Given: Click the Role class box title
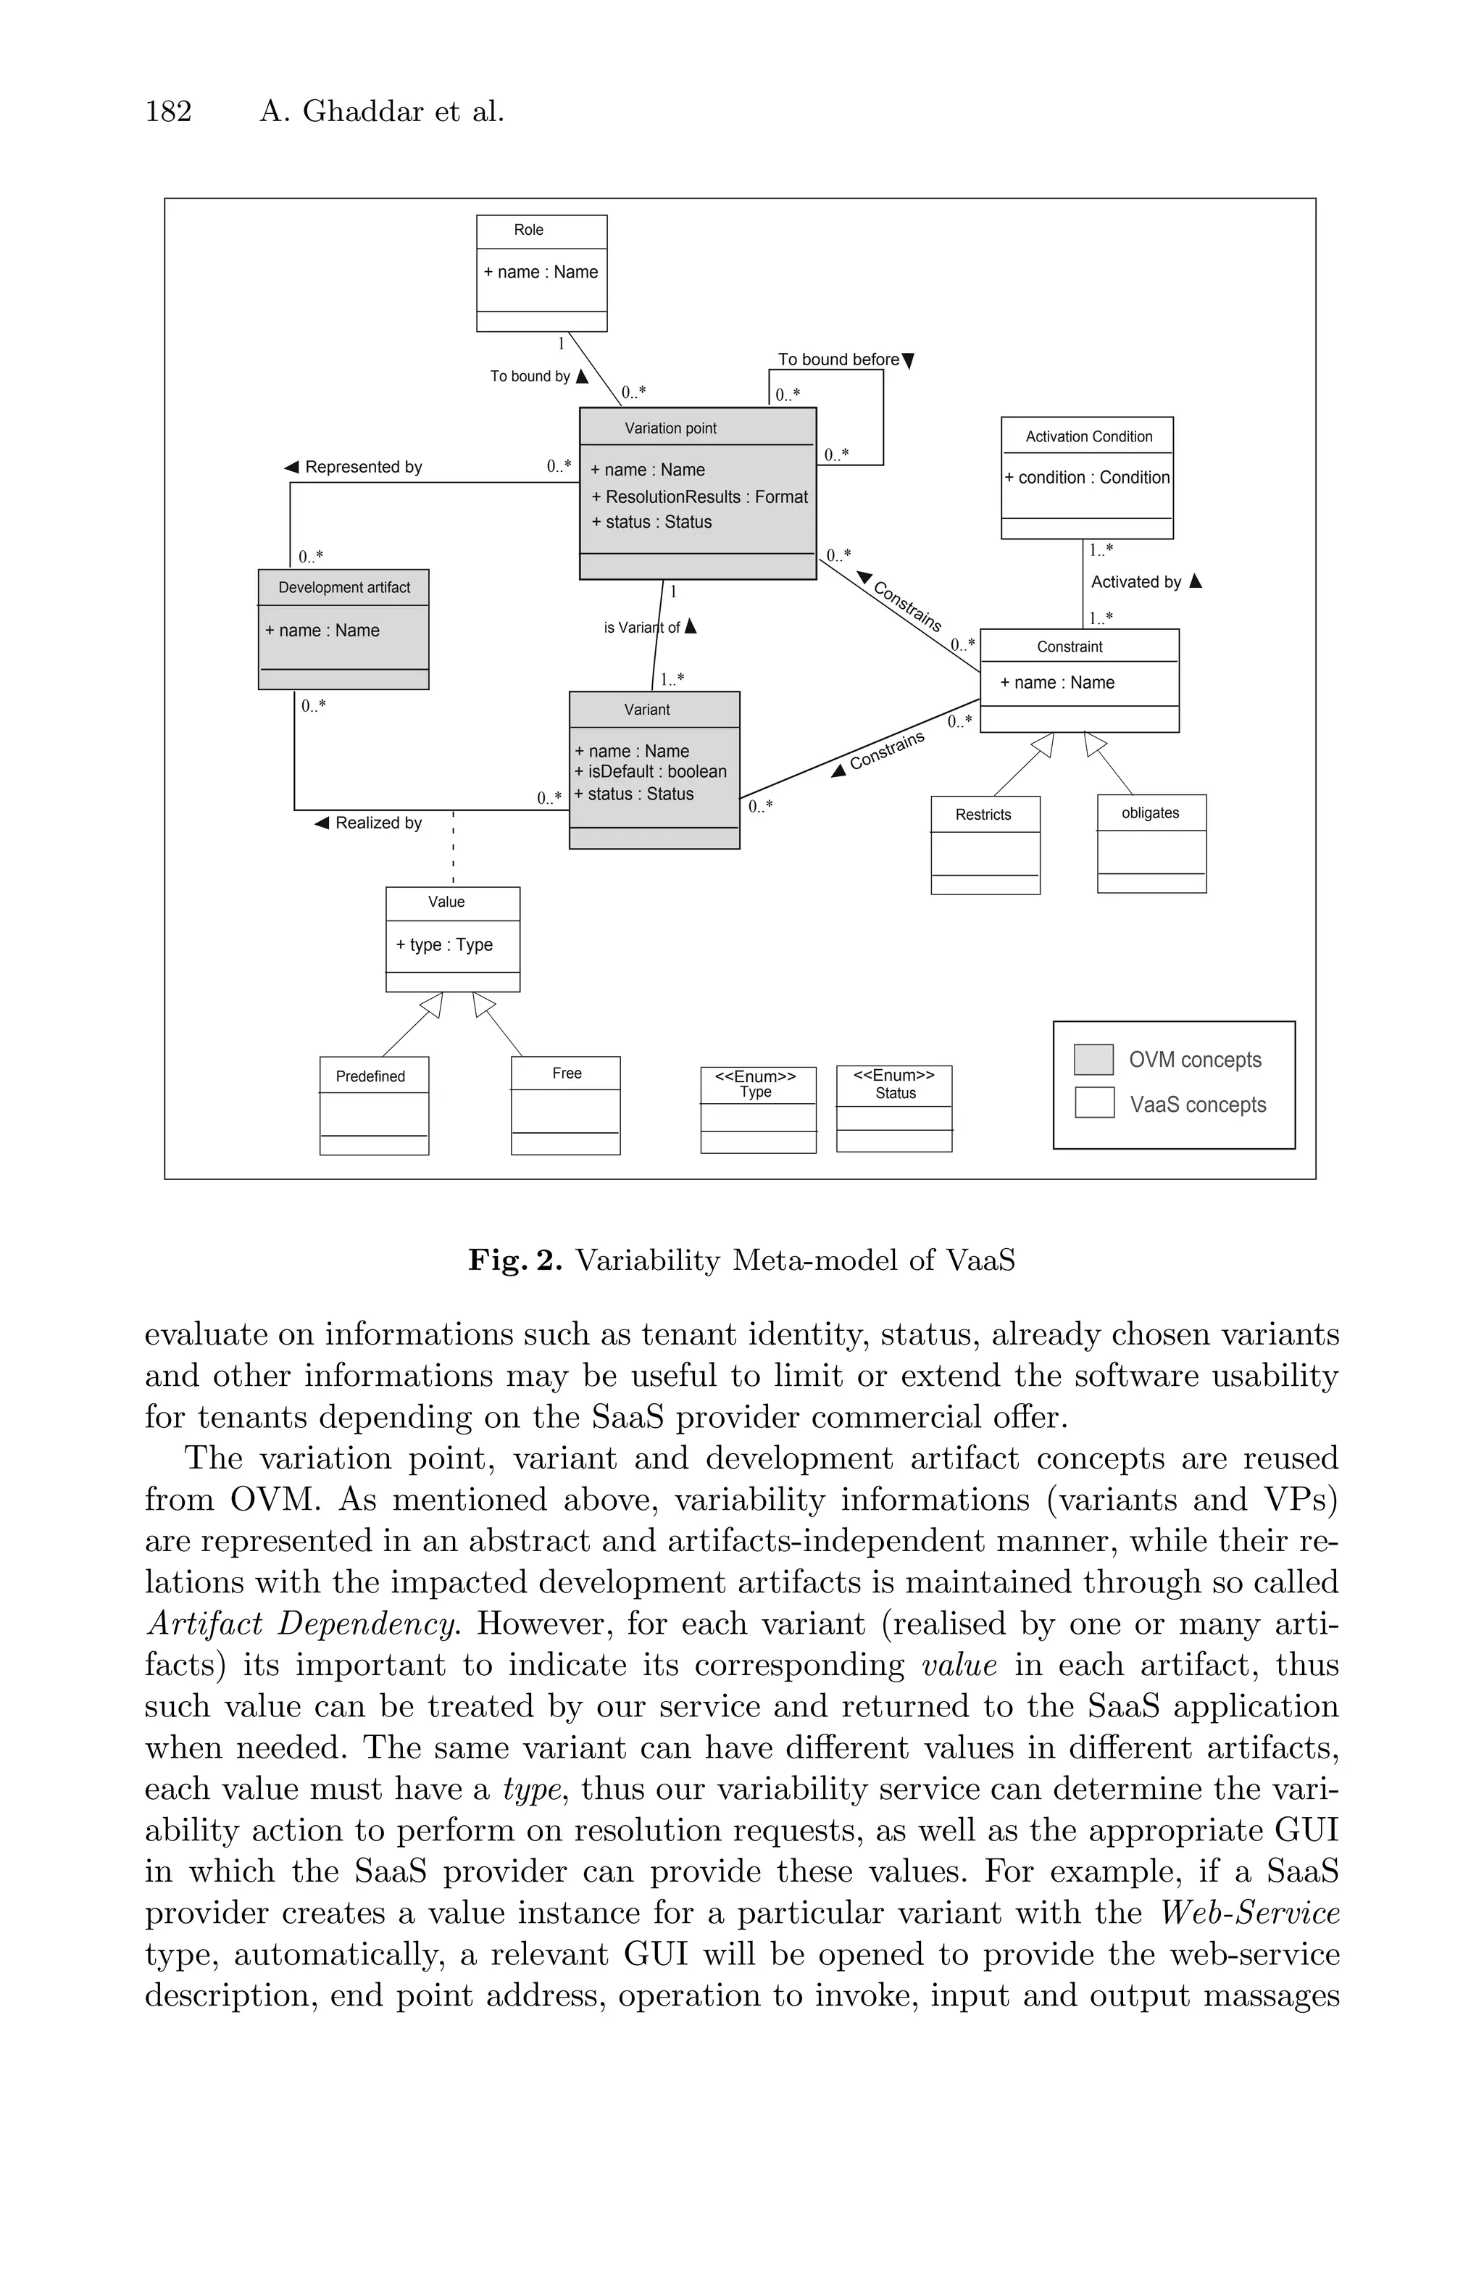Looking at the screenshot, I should pos(528,230).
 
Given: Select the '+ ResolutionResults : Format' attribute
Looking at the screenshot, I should pos(699,496).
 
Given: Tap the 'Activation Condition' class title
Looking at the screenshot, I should pos(1088,437).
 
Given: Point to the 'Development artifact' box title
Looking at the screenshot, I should pos(344,588).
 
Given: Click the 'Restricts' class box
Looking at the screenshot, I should pos(985,844).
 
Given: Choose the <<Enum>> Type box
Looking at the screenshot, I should pos(758,1109).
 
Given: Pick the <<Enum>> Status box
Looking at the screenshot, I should pos(894,1108).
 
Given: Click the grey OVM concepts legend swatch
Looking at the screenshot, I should pos(1093,1060).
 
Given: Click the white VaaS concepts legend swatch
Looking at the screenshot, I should pos(1093,1103).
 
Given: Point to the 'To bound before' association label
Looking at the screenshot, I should pos(838,360).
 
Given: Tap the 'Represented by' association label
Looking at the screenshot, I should pos(363,467).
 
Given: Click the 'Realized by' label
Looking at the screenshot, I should pos(378,823).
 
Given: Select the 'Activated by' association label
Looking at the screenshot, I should pos(1136,582).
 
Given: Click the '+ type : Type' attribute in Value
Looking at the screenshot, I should pos(443,945).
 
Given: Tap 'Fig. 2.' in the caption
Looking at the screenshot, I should pos(514,1259).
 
